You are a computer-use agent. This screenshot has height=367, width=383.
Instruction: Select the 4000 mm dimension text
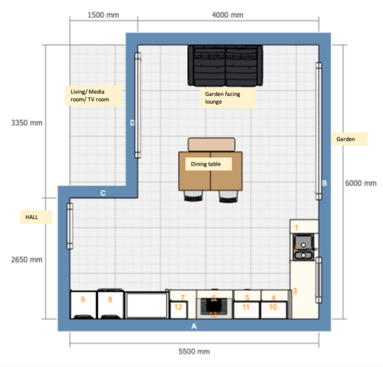coord(227,15)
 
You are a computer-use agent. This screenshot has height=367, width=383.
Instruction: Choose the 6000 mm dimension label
coord(361,183)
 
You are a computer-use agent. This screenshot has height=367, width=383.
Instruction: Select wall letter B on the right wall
coord(324,183)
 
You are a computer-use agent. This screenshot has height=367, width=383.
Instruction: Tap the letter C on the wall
coord(103,193)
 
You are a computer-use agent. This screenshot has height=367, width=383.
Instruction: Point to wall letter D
coord(132,123)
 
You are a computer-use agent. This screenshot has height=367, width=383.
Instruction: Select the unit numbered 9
coord(82,303)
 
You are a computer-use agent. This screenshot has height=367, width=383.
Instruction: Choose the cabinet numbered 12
coord(179,308)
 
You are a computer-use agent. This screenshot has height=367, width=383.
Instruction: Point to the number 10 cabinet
coord(273,308)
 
